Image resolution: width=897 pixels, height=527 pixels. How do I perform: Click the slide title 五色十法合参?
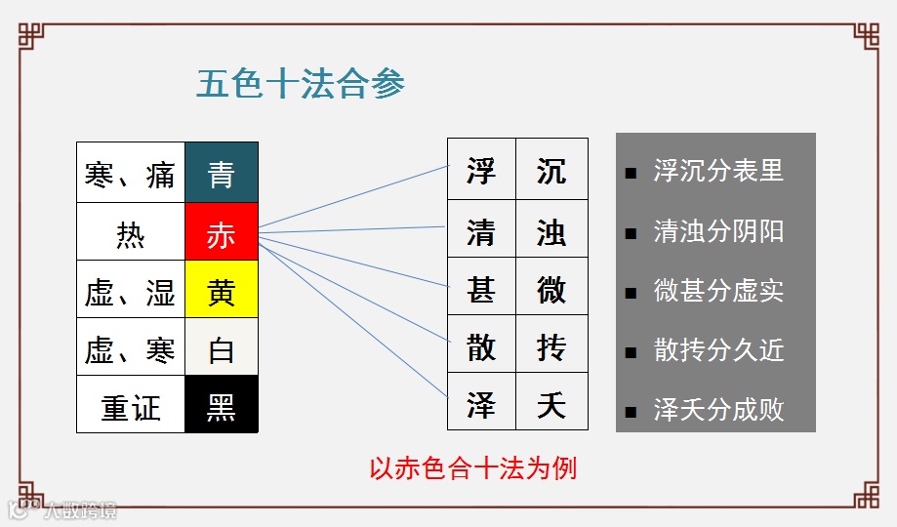[x=301, y=84]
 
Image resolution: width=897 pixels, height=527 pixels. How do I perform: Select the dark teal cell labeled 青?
[x=222, y=174]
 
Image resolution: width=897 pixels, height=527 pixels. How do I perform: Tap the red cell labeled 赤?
[x=222, y=232]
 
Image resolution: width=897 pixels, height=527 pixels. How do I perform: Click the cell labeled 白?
[x=222, y=348]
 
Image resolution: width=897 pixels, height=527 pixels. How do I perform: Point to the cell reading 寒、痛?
[x=131, y=174]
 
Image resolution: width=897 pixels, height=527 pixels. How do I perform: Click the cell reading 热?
[x=131, y=232]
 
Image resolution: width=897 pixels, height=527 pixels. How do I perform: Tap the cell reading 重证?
[x=131, y=405]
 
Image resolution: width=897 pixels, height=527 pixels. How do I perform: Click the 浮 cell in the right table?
[x=481, y=171]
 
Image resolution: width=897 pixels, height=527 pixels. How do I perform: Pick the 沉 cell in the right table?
[x=551, y=171]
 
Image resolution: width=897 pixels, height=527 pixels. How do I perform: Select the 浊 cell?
[x=551, y=230]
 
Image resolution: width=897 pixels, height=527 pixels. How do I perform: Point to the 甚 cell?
[x=481, y=288]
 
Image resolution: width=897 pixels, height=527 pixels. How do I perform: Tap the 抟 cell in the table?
[x=551, y=345]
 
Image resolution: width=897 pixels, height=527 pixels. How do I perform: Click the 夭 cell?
[x=551, y=402]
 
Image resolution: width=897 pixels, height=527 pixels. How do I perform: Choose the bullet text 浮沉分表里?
[x=718, y=171]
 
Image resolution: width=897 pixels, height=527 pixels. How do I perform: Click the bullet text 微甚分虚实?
[x=718, y=291]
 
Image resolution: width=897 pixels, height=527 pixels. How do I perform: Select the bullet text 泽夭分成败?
[x=718, y=409]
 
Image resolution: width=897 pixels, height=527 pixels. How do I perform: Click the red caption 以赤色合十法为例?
[x=472, y=468]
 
